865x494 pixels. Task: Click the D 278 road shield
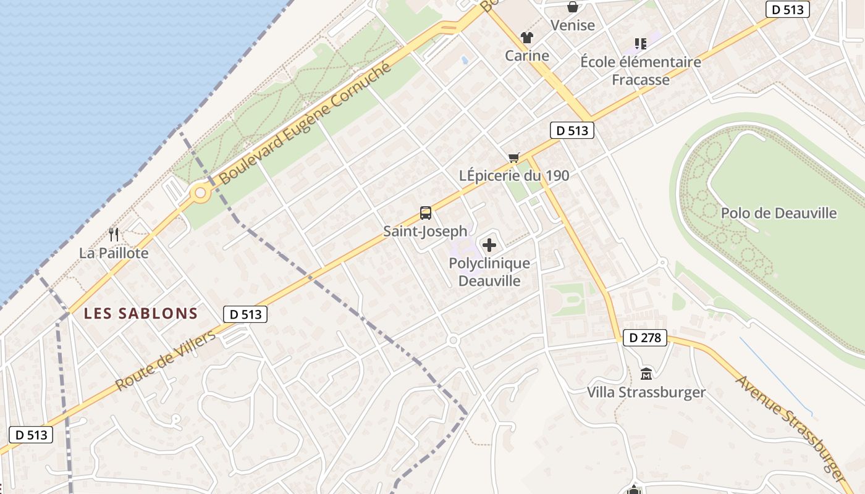pos(645,338)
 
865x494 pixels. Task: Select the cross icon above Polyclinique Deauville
pos(489,246)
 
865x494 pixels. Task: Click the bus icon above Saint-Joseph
pos(426,213)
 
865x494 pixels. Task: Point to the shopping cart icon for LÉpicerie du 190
pos(513,157)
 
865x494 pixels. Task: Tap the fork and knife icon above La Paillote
pos(114,235)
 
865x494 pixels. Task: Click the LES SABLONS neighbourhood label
pos(141,314)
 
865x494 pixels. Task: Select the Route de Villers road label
pos(166,361)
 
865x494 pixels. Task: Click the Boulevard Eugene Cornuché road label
pos(306,124)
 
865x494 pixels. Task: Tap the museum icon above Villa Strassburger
pos(646,374)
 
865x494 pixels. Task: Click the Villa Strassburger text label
pos(646,392)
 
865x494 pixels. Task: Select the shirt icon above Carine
pos(526,38)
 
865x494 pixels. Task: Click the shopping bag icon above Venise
pos(573,7)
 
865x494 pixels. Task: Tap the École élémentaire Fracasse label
pos(641,71)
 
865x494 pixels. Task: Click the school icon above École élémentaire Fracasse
pos(641,44)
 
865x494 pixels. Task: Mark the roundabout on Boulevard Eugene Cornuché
pos(200,193)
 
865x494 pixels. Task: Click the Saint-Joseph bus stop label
pos(425,232)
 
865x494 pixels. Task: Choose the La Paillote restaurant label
pos(114,253)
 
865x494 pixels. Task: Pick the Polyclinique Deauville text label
pos(489,272)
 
